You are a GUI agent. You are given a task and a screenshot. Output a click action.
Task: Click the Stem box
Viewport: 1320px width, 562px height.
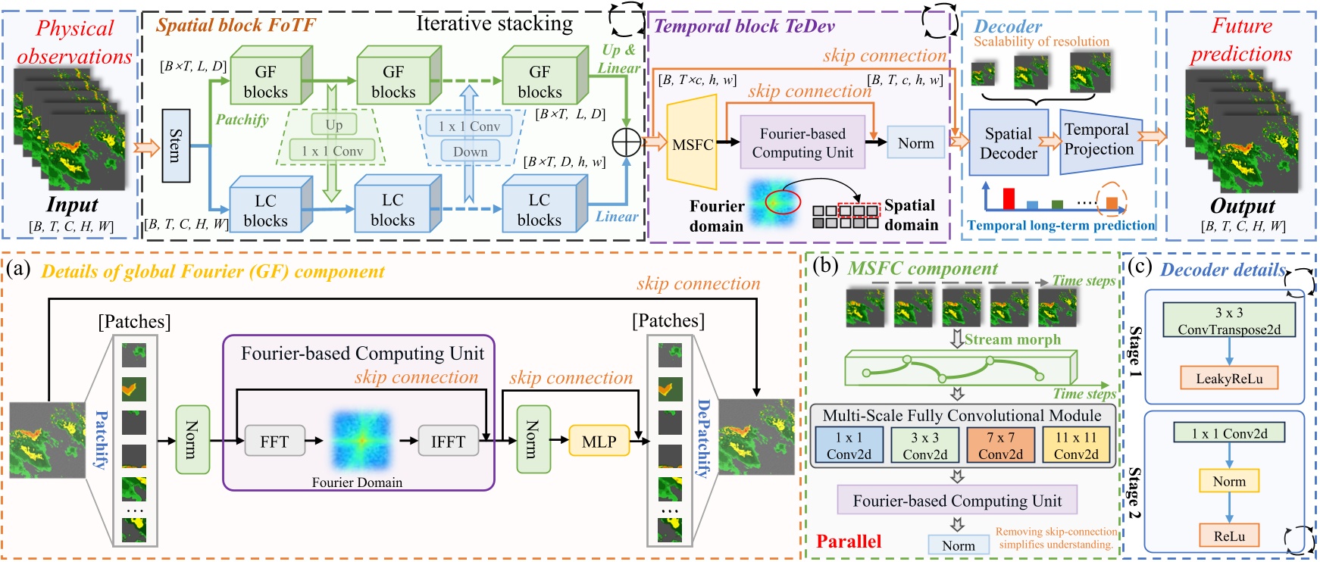(x=175, y=145)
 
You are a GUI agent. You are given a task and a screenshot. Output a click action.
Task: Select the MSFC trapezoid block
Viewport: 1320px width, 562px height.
(x=691, y=144)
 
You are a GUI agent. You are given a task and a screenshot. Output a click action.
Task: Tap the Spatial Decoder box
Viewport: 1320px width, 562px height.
(x=1008, y=143)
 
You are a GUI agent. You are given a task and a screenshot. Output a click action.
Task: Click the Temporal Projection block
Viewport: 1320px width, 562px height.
(x=1098, y=139)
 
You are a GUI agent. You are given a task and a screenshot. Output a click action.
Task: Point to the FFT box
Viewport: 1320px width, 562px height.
(x=274, y=442)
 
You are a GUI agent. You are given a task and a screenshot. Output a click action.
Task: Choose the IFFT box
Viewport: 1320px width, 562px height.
(x=448, y=442)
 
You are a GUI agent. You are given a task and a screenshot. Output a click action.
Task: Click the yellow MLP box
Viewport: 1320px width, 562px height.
(x=599, y=442)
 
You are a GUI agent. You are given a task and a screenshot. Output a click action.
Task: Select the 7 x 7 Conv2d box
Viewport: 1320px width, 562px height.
(x=1000, y=445)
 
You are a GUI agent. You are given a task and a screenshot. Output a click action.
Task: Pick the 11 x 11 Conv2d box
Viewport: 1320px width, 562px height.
(x=1076, y=445)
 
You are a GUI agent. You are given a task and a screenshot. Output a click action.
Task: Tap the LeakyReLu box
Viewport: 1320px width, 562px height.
(x=1229, y=379)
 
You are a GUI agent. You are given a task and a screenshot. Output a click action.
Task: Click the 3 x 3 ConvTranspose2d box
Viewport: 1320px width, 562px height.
(x=1229, y=320)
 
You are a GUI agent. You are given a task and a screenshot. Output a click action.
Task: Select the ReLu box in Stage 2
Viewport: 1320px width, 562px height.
(x=1229, y=535)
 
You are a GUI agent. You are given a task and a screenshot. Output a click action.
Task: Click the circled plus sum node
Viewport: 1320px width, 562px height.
(x=627, y=142)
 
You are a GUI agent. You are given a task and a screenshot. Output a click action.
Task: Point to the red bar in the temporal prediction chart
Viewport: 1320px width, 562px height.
(x=1009, y=198)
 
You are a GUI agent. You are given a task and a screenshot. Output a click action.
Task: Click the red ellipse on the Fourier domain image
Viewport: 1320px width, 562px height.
(x=783, y=202)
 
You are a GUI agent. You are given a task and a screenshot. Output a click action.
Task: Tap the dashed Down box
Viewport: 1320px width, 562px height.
(x=470, y=151)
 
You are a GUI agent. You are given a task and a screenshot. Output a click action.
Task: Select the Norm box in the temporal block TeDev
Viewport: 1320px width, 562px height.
(x=915, y=143)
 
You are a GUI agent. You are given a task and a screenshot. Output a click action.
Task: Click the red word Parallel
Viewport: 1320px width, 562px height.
(x=849, y=541)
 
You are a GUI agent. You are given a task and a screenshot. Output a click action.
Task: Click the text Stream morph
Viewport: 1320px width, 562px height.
(x=1012, y=339)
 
